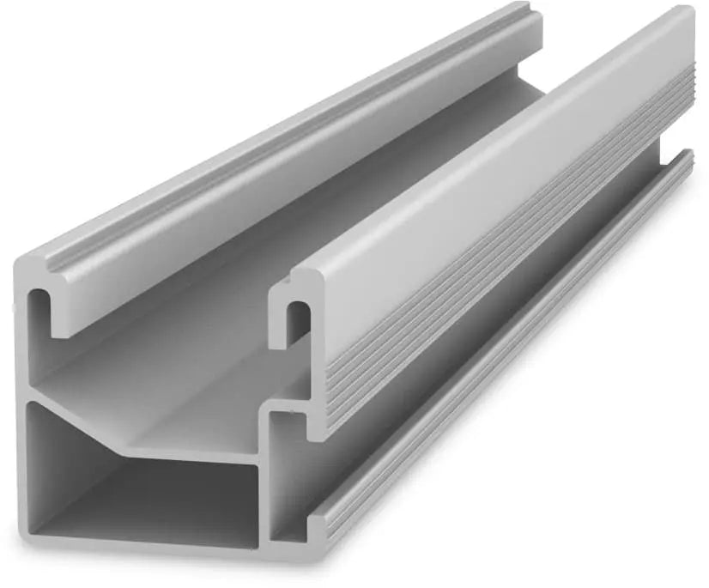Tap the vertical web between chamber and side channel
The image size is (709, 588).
coord(265,489)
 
